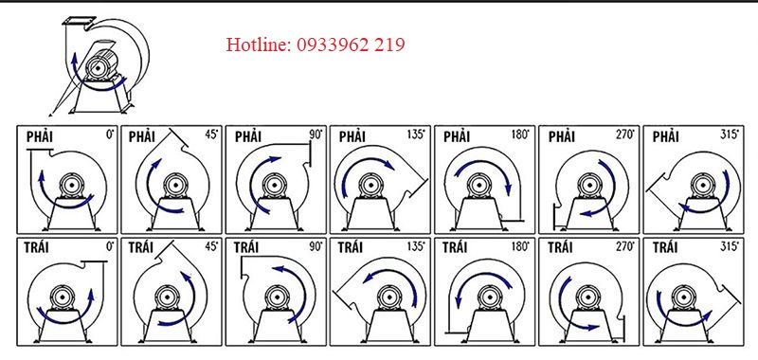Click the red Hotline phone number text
coord(316,45)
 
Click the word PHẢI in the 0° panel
coord(40,137)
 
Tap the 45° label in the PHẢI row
coord(211,135)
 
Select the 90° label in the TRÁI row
coord(316,246)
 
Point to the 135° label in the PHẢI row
coord(416,135)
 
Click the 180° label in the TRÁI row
coord(520,246)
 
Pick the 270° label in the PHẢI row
coord(624,135)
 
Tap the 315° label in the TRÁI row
coord(730,246)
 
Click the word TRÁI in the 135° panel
coord(351,248)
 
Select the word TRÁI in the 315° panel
coord(666,248)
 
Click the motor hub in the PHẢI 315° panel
coord(700,185)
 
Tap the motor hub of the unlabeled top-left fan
coord(99,68)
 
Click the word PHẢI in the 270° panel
coord(562,137)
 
